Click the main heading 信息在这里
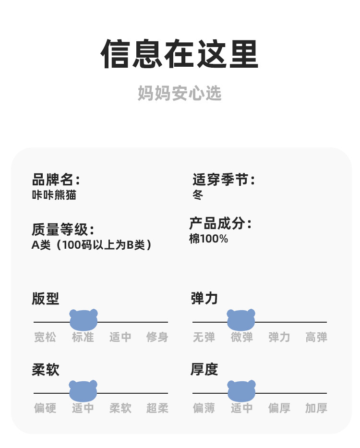click(x=180, y=54)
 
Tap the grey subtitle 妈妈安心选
click(x=180, y=93)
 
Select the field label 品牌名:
click(x=56, y=180)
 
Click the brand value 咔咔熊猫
click(x=54, y=195)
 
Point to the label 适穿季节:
click(x=224, y=180)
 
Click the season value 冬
click(x=198, y=195)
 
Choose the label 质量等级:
click(x=62, y=230)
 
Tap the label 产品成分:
click(x=220, y=223)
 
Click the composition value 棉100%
click(x=208, y=239)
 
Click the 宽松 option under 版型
click(x=45, y=338)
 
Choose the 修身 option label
click(x=157, y=338)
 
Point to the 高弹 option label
click(x=316, y=338)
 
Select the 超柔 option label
click(x=157, y=409)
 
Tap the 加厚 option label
click(x=316, y=409)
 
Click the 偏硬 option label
click(x=45, y=409)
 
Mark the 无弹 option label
click(x=204, y=338)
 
